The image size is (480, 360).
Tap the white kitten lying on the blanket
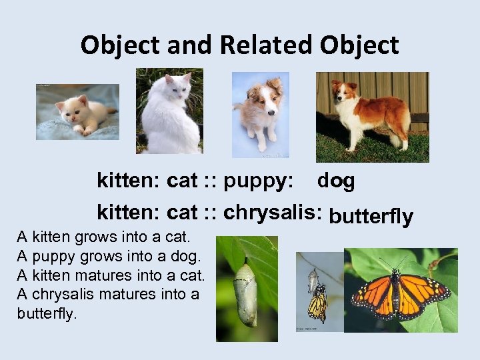tap(77, 113)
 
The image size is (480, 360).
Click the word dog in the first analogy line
tap(336, 181)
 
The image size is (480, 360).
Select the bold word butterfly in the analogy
tap(371, 217)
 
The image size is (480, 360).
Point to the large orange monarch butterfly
tap(400, 294)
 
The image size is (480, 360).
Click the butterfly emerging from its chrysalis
tap(317, 303)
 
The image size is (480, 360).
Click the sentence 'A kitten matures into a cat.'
tap(111, 275)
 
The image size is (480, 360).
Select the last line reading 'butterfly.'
tap(47, 313)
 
